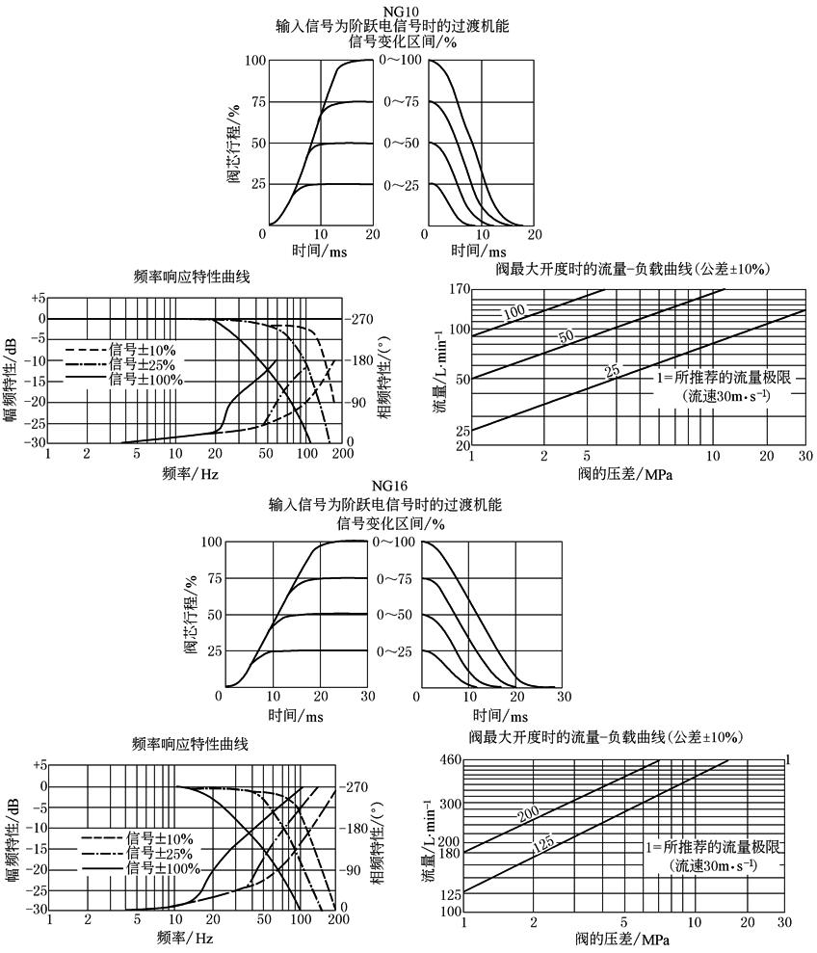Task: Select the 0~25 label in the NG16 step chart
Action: (396, 652)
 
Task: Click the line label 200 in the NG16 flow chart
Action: (528, 816)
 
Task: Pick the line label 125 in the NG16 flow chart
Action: (542, 845)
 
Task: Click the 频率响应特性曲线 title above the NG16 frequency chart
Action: (190, 744)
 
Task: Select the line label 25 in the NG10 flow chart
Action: (612, 369)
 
